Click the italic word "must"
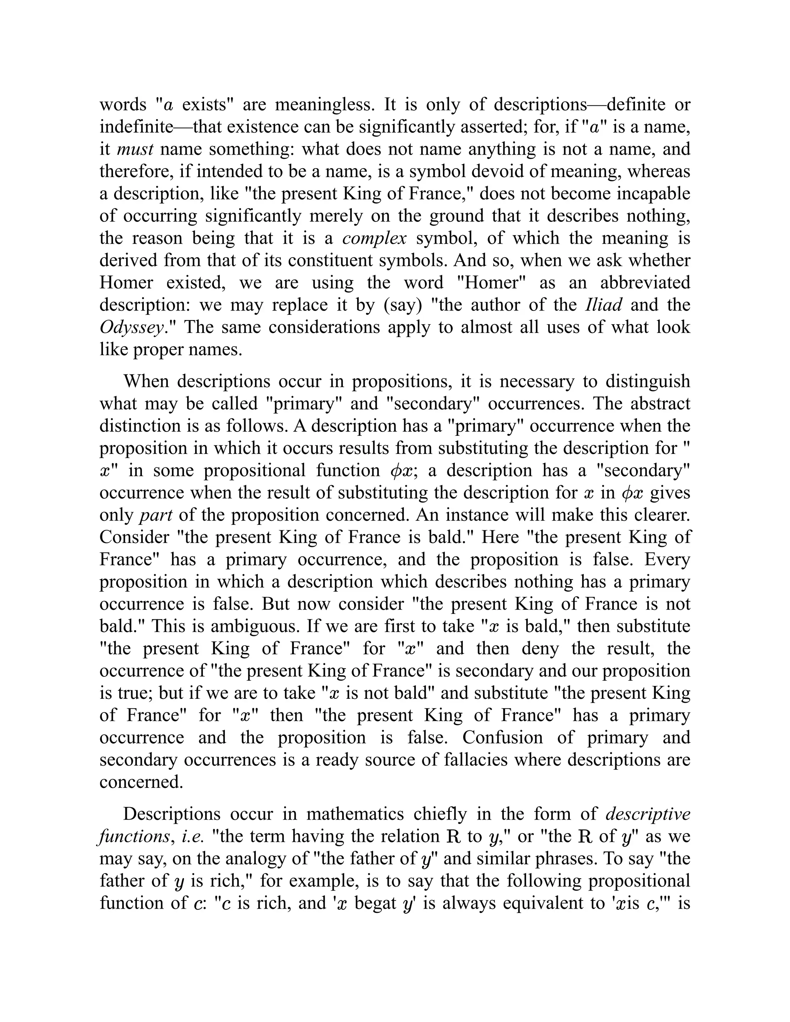(135, 149)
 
